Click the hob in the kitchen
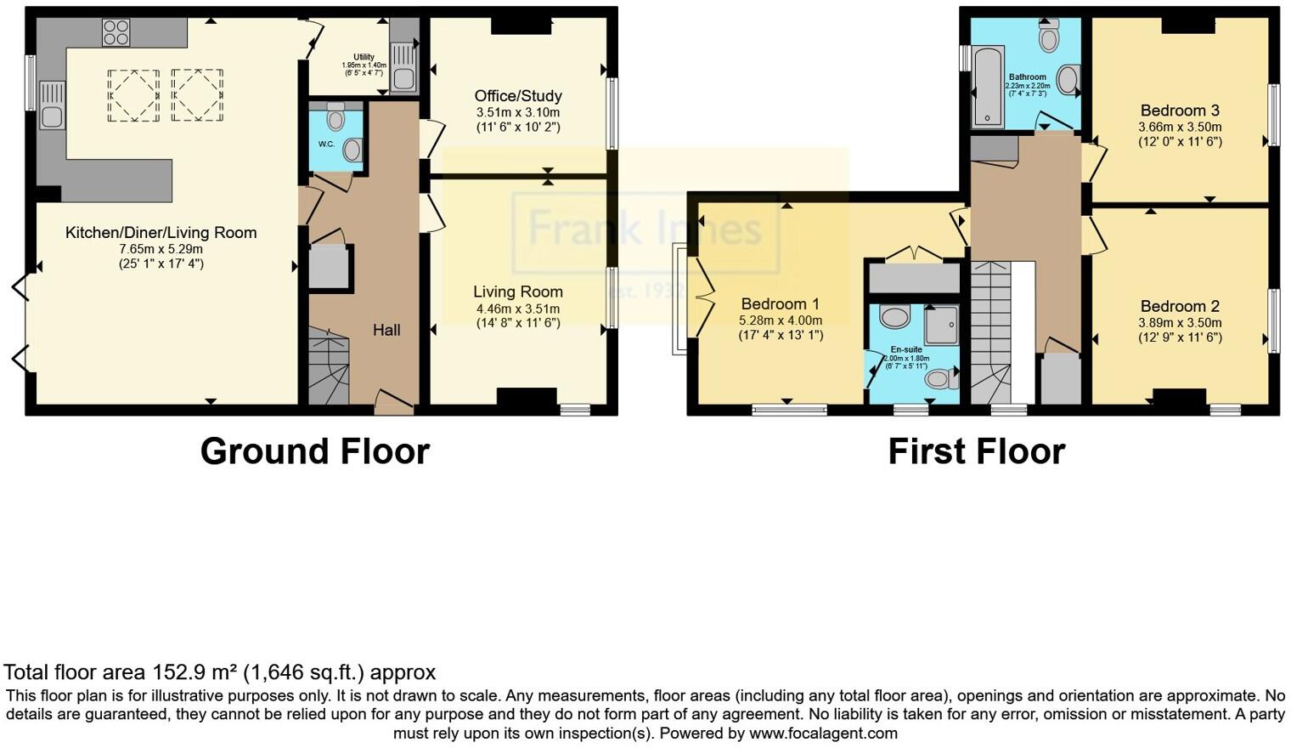(116, 33)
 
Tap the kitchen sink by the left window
(52, 105)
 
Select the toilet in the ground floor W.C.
(335, 117)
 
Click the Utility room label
(364, 57)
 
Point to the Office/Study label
(517, 96)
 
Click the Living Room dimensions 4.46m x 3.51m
(517, 309)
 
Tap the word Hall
(386, 330)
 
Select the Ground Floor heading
(314, 451)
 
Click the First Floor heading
(976, 451)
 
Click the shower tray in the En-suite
(941, 324)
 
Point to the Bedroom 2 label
(1180, 306)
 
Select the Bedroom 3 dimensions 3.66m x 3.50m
(1180, 127)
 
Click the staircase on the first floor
(990, 331)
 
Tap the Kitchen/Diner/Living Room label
(161, 233)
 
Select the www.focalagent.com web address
(823, 733)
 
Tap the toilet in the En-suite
(940, 379)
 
